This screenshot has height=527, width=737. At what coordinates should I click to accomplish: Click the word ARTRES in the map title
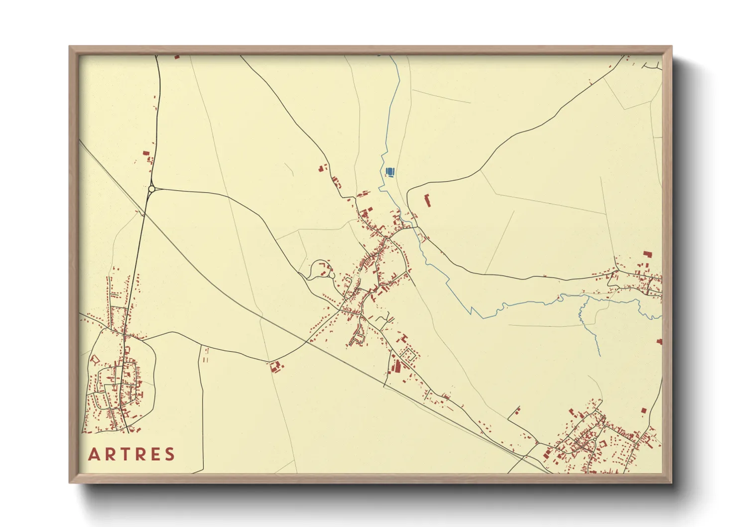click(131, 454)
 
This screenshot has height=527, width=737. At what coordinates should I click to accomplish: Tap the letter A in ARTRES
click(94, 454)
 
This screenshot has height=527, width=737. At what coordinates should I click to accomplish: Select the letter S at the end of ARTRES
click(170, 454)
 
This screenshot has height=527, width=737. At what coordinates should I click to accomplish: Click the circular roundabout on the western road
click(151, 189)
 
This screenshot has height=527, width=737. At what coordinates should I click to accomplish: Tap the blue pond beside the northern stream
click(390, 172)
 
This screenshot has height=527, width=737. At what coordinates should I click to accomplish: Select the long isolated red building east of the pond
click(427, 201)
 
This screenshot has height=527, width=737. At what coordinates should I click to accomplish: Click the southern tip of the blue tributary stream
click(600, 356)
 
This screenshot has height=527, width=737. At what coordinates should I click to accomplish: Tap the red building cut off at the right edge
click(659, 342)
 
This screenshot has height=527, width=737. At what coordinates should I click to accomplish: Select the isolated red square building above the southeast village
click(643, 411)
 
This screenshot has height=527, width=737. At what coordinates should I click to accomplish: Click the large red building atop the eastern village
click(648, 254)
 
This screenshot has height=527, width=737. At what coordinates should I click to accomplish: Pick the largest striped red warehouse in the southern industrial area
click(397, 366)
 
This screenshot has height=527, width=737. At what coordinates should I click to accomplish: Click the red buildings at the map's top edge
click(176, 57)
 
